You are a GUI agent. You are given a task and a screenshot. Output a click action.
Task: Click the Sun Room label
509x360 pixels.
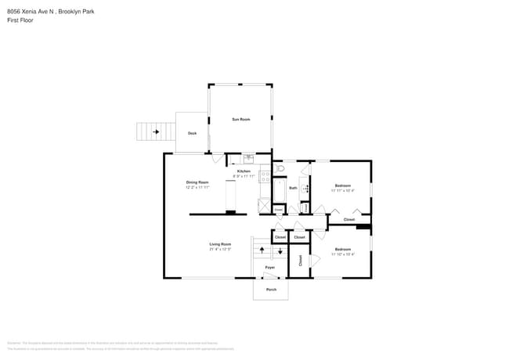click(x=240, y=119)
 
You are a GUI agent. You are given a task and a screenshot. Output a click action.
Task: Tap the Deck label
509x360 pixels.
click(x=192, y=133)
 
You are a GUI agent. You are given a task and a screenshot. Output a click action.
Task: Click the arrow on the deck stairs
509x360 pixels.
click(x=156, y=131)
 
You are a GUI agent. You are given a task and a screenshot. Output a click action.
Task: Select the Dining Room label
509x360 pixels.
click(x=197, y=182)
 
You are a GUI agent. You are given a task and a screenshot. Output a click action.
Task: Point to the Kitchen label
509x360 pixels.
click(x=244, y=171)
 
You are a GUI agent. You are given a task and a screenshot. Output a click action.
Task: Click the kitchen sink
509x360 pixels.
click(x=248, y=157)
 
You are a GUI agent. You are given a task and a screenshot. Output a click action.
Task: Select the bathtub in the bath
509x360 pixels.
click(x=279, y=191)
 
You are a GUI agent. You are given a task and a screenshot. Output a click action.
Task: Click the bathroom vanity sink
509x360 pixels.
click(x=305, y=189)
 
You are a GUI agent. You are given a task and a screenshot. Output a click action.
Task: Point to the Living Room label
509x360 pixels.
click(x=220, y=244)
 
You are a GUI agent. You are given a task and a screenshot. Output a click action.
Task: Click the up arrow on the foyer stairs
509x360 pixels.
click(x=262, y=250)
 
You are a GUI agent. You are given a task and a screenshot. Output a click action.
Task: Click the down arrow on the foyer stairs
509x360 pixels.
click(x=280, y=252)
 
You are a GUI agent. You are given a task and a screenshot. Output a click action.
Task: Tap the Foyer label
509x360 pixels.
click(x=269, y=268)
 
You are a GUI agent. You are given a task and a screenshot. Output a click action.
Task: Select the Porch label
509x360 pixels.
click(x=271, y=290)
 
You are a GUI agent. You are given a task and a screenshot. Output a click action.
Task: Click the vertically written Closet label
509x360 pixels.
click(x=300, y=260)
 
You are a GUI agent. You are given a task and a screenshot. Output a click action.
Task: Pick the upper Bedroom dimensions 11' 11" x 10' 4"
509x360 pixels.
click(x=342, y=190)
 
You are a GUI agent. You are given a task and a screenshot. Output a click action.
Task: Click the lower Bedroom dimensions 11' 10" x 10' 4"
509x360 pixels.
click(x=342, y=254)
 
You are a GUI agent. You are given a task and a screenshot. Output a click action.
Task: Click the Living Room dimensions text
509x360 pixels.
click(x=220, y=249)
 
